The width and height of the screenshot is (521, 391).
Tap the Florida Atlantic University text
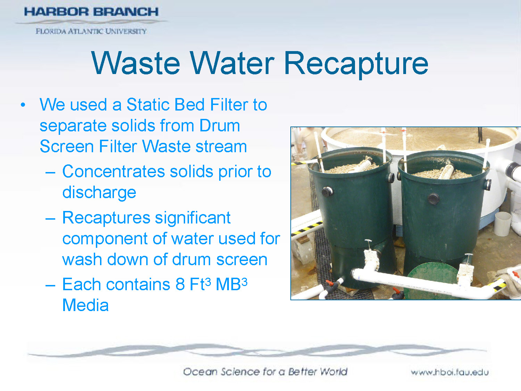[x=91, y=31]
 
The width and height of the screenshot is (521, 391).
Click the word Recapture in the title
[x=356, y=64]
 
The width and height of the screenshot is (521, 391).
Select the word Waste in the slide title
[x=136, y=64]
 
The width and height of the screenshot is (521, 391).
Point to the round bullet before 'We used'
[x=23, y=105]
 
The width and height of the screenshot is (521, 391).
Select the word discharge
[x=99, y=193]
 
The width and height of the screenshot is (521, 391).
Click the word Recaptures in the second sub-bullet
[x=106, y=218]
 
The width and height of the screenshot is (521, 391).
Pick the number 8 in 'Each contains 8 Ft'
[x=180, y=285]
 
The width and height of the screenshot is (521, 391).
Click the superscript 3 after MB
[x=244, y=282]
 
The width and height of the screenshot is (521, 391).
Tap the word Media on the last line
[x=85, y=306]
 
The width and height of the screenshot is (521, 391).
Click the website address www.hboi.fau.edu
[x=449, y=372]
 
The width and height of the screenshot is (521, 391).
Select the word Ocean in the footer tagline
[x=200, y=372]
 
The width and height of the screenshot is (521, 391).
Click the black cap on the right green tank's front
[x=433, y=199]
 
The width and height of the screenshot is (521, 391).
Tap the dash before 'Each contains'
[x=50, y=285]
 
